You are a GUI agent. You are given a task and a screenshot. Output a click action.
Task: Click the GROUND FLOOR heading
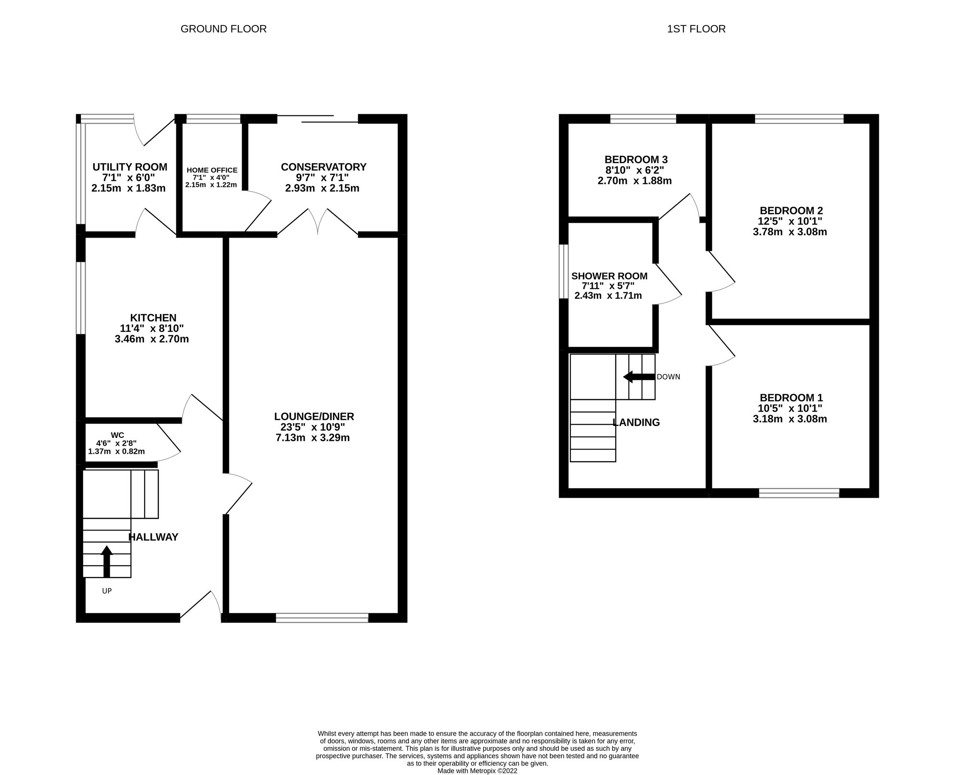coord(223,29)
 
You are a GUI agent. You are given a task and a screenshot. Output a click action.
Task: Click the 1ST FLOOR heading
coord(696,29)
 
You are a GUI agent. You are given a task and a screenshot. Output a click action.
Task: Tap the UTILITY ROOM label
coord(130,167)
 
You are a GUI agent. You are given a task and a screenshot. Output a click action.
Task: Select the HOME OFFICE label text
coord(212,170)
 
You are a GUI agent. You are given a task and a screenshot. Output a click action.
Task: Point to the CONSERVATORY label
coord(323,167)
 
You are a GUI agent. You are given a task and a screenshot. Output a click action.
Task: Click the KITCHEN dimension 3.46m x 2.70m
coord(152,339)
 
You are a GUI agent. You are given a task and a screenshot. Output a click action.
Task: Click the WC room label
coord(117,435)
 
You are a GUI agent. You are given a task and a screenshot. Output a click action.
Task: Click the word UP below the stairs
coord(107,591)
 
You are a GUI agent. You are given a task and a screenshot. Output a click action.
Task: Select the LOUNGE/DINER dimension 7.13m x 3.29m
coord(313,437)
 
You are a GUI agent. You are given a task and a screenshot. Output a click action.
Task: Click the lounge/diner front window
coord(322,618)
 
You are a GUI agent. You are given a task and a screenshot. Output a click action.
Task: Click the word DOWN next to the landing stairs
coord(668,377)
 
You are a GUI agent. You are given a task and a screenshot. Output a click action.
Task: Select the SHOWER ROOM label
coord(609,276)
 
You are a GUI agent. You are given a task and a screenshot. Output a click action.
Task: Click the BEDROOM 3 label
coord(636,159)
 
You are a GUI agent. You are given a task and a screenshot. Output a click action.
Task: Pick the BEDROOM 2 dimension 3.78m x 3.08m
coord(789,232)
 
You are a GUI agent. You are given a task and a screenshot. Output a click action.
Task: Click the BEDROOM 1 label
coord(791,397)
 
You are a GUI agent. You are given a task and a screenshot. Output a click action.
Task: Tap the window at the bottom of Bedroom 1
coord(799,493)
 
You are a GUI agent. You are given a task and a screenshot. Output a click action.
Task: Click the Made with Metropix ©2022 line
coord(477,771)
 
